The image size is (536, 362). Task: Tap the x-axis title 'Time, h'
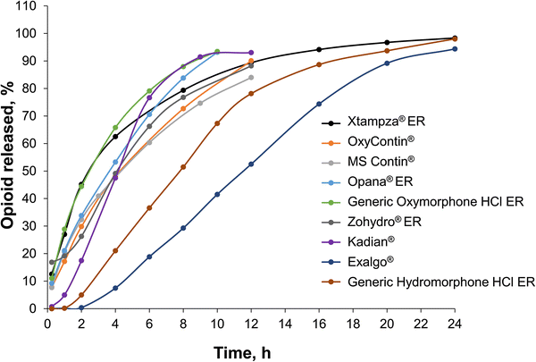point(252,351)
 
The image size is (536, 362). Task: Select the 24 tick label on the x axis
point(455,323)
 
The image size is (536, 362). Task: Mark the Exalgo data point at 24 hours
point(455,49)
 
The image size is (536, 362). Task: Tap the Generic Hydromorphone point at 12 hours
point(251,94)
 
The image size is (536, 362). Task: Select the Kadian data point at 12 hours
point(251,53)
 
